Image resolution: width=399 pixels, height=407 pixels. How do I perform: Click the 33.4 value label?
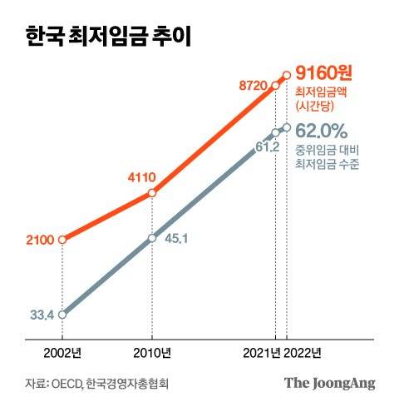coord(41,315)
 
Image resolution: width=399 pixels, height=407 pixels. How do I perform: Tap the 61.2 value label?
coord(267,147)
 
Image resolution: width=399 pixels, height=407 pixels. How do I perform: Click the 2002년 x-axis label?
coord(63,352)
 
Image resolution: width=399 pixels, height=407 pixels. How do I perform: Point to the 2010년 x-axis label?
coord(152,352)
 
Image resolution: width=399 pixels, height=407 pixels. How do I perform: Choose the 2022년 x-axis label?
coord(303,352)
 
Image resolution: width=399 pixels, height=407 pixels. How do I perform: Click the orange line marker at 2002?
coord(63,240)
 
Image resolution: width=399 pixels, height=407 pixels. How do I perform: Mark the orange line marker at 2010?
coord(151,193)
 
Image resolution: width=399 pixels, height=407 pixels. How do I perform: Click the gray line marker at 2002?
coord(63,314)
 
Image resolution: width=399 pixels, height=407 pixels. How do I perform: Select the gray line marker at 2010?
coord(151,238)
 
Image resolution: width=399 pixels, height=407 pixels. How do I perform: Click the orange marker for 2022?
coord(287,75)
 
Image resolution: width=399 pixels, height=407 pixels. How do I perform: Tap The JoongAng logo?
coord(330,383)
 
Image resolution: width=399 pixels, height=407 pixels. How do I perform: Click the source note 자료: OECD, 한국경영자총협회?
coord(96,384)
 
